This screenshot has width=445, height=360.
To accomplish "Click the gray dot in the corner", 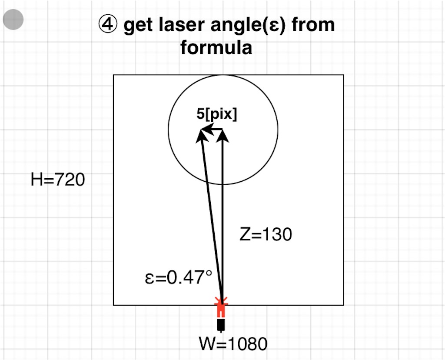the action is [x=13, y=20].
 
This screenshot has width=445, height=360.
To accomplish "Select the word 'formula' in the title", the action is [x=216, y=47].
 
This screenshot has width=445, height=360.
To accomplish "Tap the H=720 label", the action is [x=58, y=179].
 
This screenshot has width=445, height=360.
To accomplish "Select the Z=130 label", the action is [x=266, y=235].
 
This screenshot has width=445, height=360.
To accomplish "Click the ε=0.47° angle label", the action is [x=179, y=277].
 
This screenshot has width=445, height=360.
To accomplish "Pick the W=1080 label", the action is [x=233, y=344].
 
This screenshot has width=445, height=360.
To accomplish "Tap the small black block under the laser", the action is [x=222, y=324].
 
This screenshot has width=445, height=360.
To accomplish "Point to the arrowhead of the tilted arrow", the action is [x=201, y=134].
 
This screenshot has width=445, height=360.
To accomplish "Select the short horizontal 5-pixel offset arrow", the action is [x=213, y=129].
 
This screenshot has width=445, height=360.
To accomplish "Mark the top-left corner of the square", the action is [x=114, y=75].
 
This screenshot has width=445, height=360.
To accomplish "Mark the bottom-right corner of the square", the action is [x=343, y=305].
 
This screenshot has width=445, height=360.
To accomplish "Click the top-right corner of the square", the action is [x=343, y=75].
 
